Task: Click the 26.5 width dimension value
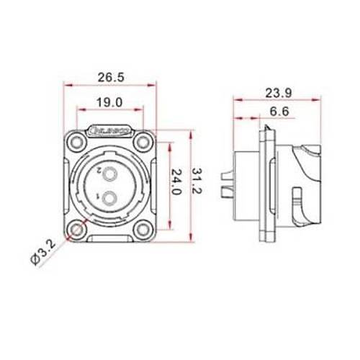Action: click(x=108, y=77)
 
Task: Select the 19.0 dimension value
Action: click(x=108, y=103)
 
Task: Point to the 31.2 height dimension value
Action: click(x=199, y=186)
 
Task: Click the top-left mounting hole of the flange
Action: click(x=76, y=143)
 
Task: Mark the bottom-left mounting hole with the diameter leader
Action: click(x=76, y=230)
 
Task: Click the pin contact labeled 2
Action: click(x=110, y=174)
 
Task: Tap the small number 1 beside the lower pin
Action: click(x=98, y=195)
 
